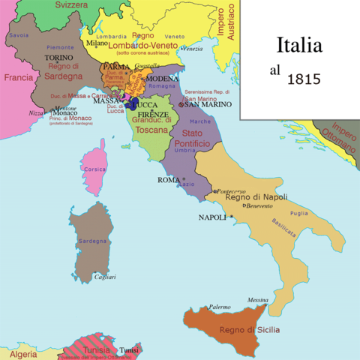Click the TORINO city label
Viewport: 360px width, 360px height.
pos(58,57)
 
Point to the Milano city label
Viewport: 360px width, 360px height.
pos(97,43)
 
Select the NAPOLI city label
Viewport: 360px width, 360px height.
pos(213,217)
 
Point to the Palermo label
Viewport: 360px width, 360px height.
pos(219,307)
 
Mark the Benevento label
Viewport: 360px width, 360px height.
pos(257,205)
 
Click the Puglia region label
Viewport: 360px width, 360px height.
pos(298,213)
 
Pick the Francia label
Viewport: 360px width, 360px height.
pos(18,77)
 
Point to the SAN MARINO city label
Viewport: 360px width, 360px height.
pos(202,106)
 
